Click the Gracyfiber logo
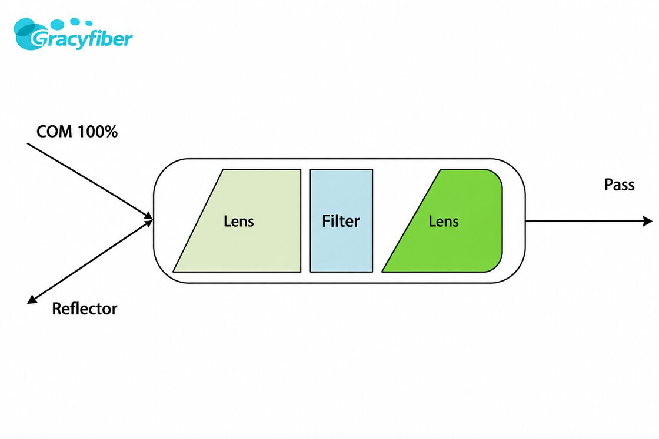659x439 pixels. [73, 34]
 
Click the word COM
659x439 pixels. [54, 132]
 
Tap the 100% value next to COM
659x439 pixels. [98, 132]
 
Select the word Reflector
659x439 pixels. [85, 309]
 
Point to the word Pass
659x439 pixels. [619, 185]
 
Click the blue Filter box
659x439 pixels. [341, 221]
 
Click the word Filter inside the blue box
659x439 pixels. [341, 221]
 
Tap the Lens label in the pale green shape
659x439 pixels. [239, 221]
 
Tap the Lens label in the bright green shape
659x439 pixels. [444, 221]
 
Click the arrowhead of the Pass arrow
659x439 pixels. [648, 221]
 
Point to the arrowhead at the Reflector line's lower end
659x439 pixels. [32, 299]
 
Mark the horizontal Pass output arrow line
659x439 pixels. [589, 221]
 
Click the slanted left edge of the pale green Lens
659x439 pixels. [198, 221]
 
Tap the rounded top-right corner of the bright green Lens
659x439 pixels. [497, 176]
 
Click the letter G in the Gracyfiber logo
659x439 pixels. [39, 39]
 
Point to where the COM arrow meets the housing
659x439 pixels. [153, 220]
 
